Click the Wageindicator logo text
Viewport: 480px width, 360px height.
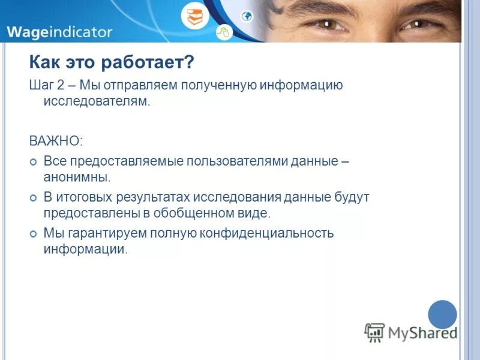tap(59, 31)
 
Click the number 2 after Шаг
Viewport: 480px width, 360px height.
tap(60, 85)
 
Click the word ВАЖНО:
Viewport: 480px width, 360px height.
tap(56, 141)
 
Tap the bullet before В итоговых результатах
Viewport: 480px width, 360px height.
tap(34, 197)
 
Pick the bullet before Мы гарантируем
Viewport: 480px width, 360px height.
tap(34, 233)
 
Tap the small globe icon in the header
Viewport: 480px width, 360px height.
tap(247, 16)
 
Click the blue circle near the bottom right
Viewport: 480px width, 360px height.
tap(443, 314)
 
